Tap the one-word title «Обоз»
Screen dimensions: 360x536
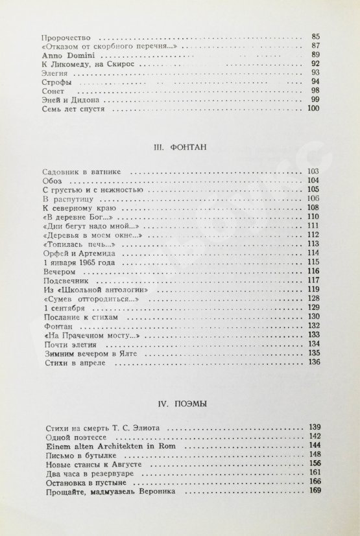point(49,181)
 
